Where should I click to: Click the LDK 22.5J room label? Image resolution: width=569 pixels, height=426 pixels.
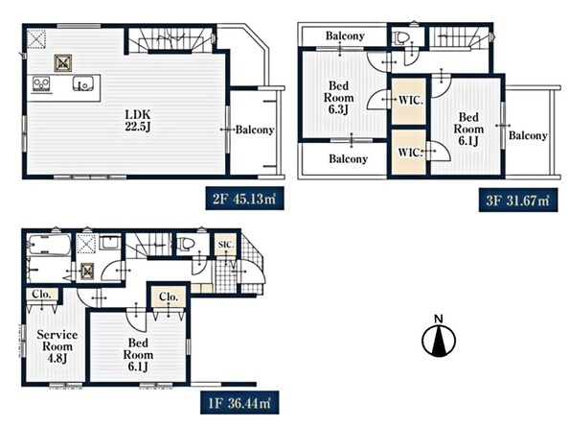(x=138, y=121)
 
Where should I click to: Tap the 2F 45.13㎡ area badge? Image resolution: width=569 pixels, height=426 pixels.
(x=244, y=199)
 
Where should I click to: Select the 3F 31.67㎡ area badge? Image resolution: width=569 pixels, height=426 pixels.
(x=518, y=200)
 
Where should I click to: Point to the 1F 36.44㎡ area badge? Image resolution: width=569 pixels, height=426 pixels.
(x=239, y=403)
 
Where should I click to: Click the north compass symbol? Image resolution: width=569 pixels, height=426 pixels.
(x=439, y=337)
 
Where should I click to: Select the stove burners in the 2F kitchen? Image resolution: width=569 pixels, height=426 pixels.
(x=41, y=83)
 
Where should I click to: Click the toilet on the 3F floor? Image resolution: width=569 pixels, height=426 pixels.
(x=401, y=37)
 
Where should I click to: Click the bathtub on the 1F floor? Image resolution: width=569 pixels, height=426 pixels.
(x=50, y=245)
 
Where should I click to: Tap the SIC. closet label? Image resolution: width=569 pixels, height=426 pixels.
(x=226, y=245)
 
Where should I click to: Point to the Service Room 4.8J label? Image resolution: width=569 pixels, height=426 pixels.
(x=57, y=346)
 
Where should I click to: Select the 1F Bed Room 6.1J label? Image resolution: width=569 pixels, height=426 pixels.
(x=138, y=355)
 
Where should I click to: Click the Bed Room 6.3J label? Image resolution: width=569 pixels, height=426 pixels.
(x=338, y=98)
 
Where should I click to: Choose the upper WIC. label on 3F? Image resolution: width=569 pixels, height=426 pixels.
(x=410, y=100)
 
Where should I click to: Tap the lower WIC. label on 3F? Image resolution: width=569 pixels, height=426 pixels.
(x=410, y=152)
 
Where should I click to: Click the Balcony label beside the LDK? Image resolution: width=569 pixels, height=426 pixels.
(x=255, y=130)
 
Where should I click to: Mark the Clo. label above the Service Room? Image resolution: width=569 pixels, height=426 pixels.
(x=41, y=294)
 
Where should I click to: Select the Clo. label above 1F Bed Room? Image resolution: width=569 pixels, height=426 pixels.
(x=169, y=296)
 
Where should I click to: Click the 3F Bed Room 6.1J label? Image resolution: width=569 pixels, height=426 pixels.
(x=468, y=129)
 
